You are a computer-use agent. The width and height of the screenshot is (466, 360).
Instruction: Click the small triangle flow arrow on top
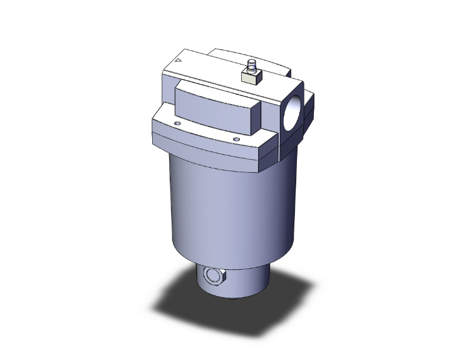coord(178,61)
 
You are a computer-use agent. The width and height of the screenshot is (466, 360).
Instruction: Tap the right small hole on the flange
coord(236,139)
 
